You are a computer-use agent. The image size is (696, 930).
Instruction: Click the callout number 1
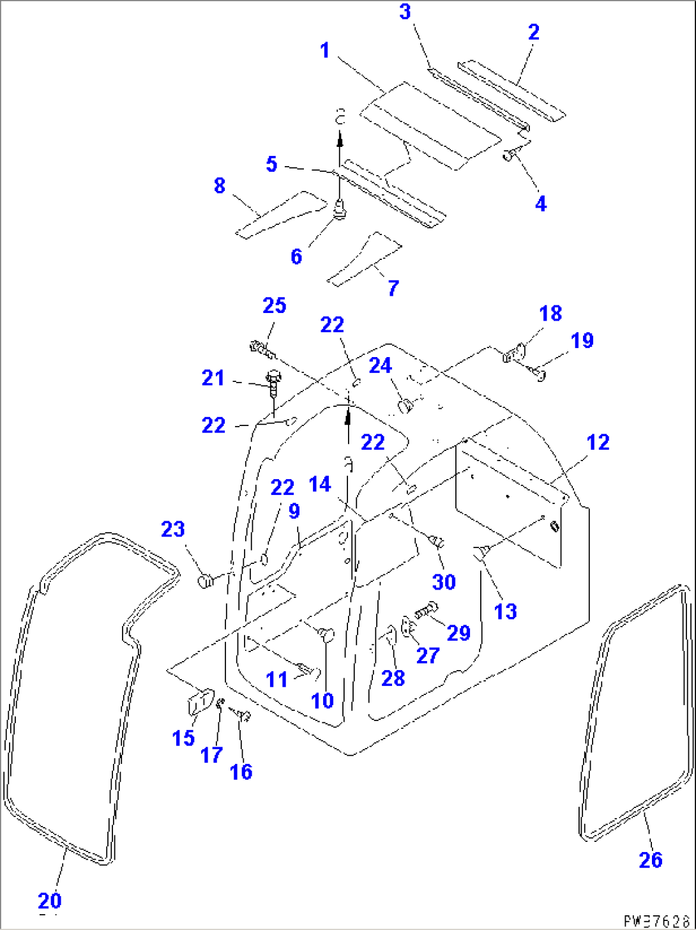click(x=325, y=50)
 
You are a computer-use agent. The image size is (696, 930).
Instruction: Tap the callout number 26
click(x=650, y=860)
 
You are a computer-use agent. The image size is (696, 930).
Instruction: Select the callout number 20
click(x=50, y=901)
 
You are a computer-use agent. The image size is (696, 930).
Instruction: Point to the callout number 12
click(x=598, y=442)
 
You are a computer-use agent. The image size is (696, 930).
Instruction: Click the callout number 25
click(x=275, y=305)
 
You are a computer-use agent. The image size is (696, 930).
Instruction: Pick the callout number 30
click(x=444, y=581)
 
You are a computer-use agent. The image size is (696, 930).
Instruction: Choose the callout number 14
click(x=320, y=484)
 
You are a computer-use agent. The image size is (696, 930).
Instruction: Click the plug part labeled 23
click(x=206, y=581)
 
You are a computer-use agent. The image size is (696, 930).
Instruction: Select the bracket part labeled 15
click(x=199, y=702)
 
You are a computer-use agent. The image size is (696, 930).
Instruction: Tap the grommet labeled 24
click(x=405, y=405)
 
